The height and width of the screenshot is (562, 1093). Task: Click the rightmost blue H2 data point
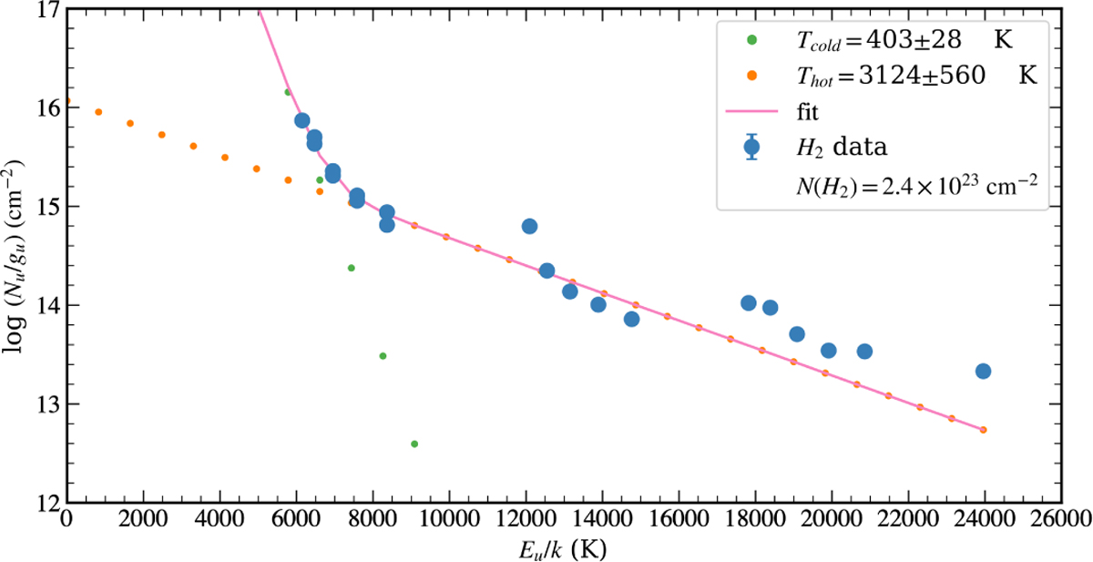[983, 371]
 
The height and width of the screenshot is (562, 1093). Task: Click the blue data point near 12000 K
[529, 226]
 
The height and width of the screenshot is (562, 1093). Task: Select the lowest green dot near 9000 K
[414, 444]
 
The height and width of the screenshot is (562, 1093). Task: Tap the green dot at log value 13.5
[383, 355]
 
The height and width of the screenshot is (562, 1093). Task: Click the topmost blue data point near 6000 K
[302, 121]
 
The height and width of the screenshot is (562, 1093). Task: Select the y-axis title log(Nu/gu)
[15, 256]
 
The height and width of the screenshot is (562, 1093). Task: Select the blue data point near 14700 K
[631, 319]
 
